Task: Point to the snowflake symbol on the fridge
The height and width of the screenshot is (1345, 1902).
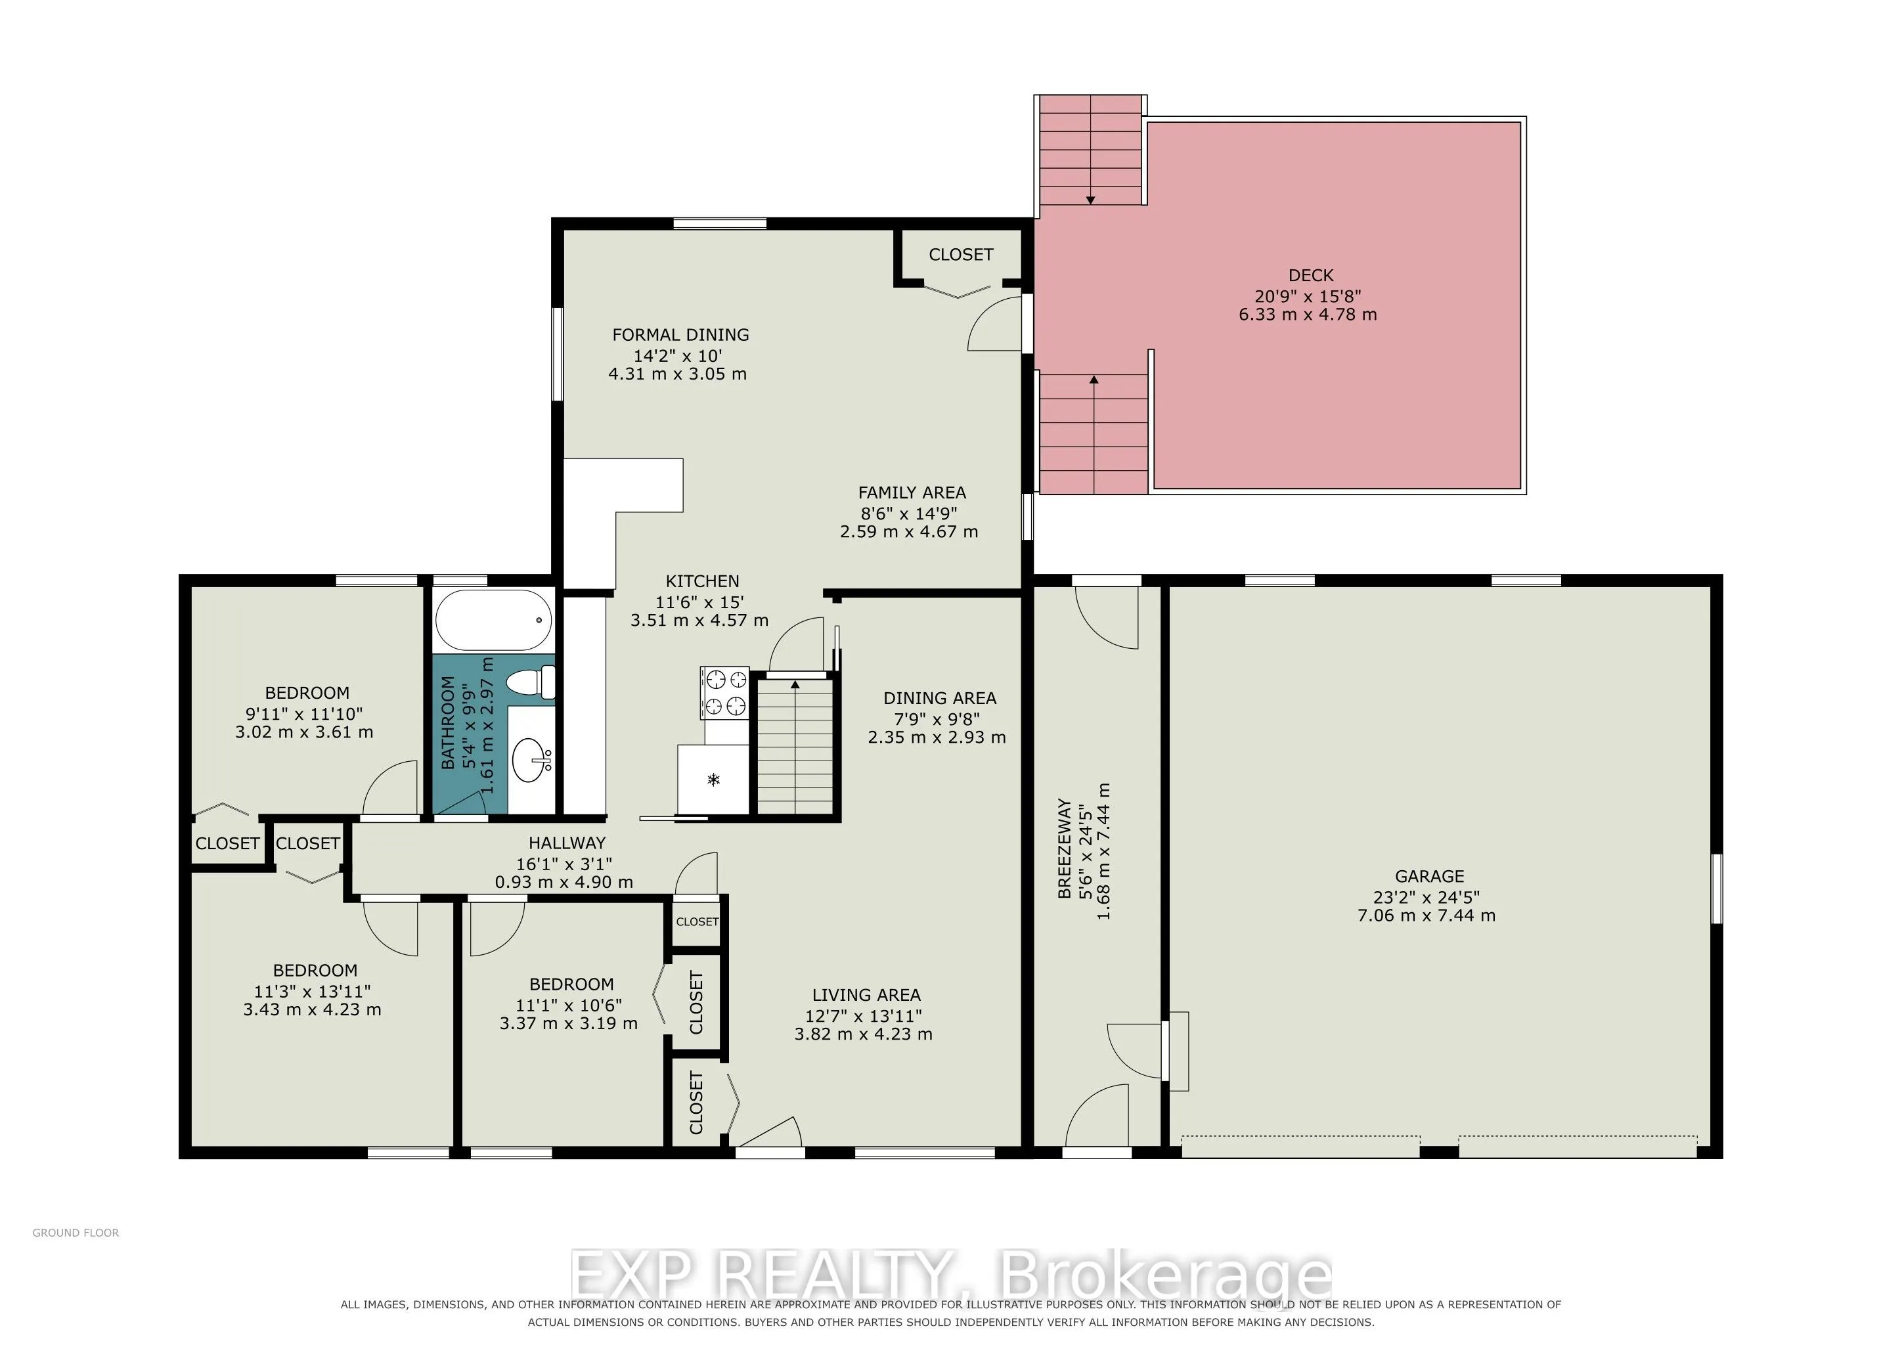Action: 713,780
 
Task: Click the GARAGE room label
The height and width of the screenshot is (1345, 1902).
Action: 1429,876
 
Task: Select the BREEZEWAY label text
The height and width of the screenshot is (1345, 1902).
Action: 1065,849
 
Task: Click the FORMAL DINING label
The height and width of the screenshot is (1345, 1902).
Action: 680,334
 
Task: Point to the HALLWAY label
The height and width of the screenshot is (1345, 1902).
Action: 567,843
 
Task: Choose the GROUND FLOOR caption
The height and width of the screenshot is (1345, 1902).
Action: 76,1233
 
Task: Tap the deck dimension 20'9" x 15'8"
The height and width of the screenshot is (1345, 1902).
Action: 1308,296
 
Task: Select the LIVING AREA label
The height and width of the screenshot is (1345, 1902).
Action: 866,995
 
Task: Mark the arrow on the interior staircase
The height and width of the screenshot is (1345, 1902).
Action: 795,746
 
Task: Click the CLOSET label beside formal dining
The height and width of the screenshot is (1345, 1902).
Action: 961,254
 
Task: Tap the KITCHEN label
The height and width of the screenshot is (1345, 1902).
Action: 703,581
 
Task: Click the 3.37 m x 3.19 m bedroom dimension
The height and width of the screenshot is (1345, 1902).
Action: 568,1024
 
